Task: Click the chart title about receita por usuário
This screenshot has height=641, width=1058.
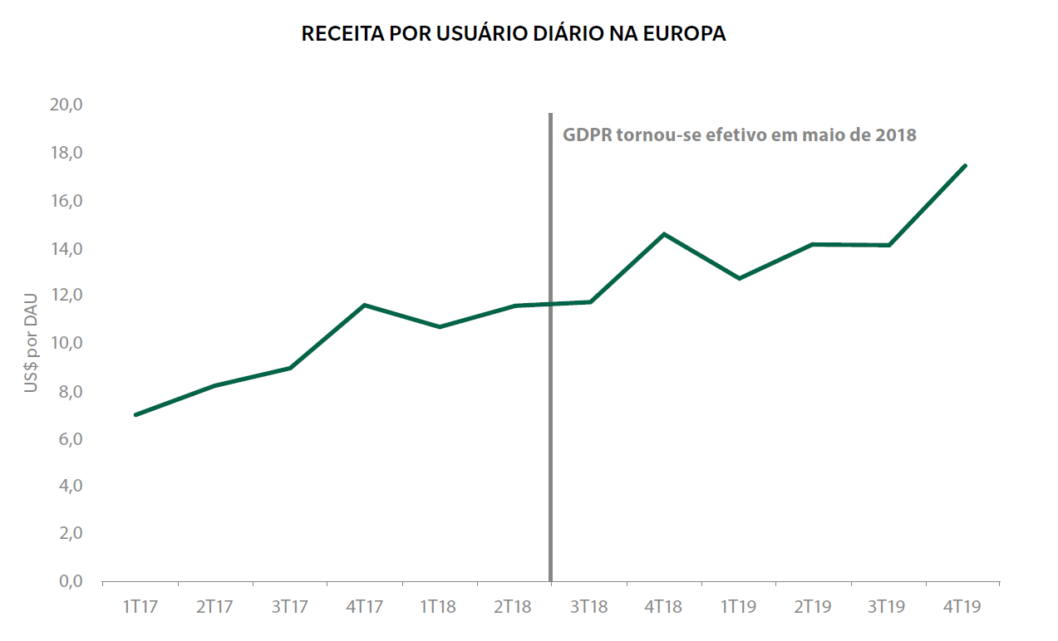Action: pyautogui.click(x=514, y=34)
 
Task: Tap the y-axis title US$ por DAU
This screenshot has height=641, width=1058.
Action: pyautogui.click(x=32, y=343)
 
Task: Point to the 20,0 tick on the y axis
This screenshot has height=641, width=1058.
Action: pyautogui.click(x=66, y=105)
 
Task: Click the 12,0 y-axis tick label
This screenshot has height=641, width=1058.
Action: pyautogui.click(x=66, y=296)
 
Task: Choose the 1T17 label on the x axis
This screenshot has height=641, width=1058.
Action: pyautogui.click(x=140, y=607)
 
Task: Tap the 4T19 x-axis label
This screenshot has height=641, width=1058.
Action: pyautogui.click(x=962, y=607)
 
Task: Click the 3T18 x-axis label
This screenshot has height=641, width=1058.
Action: pyautogui.click(x=588, y=607)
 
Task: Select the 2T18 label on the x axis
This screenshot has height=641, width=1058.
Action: pyautogui.click(x=513, y=607)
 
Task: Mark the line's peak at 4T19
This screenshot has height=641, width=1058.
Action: pyautogui.click(x=964, y=165)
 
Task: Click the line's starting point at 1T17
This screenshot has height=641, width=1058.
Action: pyautogui.click(x=135, y=414)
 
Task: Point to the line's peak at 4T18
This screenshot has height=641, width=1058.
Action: pyautogui.click(x=664, y=234)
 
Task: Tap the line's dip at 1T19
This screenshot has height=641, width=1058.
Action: pyautogui.click(x=739, y=278)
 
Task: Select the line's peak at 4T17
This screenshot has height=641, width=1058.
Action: pyautogui.click(x=365, y=305)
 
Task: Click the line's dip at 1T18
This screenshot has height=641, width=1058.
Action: pyautogui.click(x=439, y=327)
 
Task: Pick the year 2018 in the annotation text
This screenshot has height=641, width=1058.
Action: pyautogui.click(x=895, y=135)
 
